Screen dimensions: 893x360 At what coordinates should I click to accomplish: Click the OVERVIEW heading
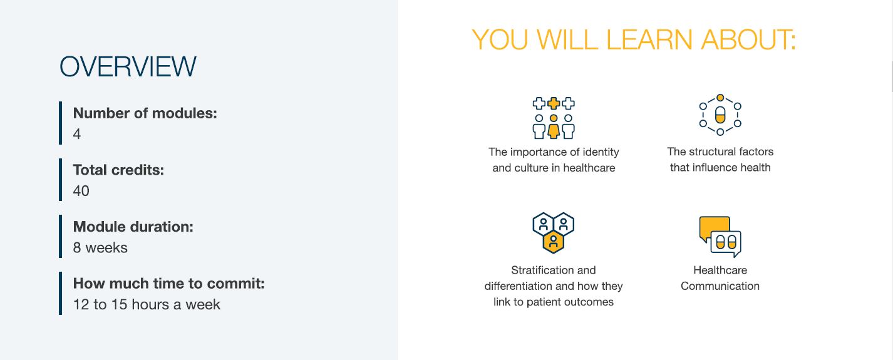coord(128,66)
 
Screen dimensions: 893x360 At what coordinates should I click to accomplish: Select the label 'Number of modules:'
coord(145,113)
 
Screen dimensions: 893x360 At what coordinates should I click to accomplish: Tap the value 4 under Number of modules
coord(77,134)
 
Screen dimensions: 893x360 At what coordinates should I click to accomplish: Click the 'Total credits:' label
coord(118,170)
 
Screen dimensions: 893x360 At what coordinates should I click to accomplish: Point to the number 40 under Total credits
coord(81,191)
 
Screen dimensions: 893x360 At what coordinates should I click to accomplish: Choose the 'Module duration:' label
coord(133,227)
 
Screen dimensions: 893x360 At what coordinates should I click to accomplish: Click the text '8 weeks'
coord(100,247)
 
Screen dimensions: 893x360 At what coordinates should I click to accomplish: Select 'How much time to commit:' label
coord(168,284)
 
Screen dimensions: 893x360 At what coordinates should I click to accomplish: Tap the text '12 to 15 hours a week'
coord(147,304)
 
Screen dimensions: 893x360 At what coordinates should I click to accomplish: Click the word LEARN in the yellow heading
coord(649,39)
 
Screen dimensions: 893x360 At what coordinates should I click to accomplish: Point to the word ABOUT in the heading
coord(748,39)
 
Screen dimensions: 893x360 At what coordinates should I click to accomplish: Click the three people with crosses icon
coord(554,118)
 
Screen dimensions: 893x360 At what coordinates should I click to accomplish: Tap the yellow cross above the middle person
coord(554,103)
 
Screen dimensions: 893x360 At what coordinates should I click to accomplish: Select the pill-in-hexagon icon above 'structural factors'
coord(720,115)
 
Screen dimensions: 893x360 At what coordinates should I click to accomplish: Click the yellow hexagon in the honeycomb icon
coord(554,242)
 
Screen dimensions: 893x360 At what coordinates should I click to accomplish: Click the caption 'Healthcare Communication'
coord(720,278)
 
